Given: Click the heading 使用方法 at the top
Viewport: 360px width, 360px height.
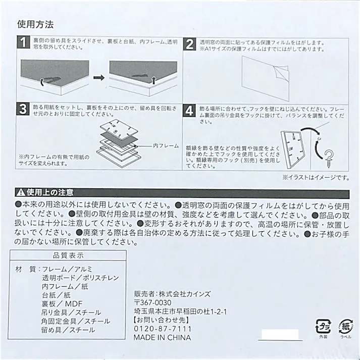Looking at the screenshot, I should click(x=35, y=24).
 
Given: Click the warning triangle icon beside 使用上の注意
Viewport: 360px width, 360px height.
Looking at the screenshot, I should click(x=21, y=192).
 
